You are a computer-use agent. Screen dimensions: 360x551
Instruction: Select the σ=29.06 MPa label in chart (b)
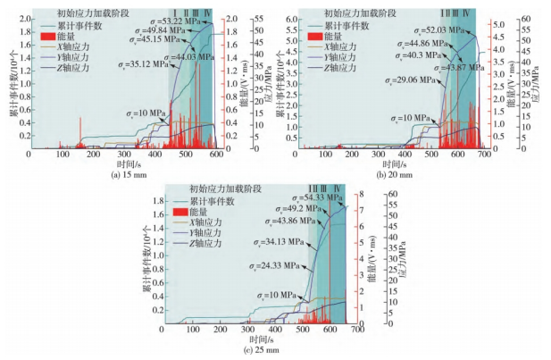coord(410,80)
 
